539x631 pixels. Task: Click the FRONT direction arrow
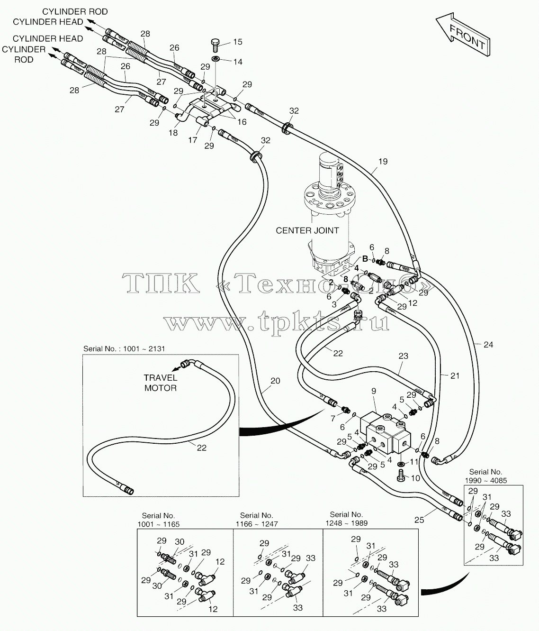pos(464,34)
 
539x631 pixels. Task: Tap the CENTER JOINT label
pos(307,230)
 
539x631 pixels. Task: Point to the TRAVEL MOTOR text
pos(161,383)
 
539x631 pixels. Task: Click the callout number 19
pos(383,162)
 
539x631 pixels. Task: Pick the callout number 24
pos(488,345)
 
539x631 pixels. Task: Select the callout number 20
pos(275,381)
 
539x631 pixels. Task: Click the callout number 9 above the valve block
pos(374,391)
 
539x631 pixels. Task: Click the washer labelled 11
pos(401,464)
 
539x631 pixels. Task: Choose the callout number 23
pos(403,356)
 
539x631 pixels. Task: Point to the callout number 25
pos(419,520)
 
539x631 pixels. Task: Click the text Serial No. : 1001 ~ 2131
pos(124,348)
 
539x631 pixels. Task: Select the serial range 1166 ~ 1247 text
pos(257,524)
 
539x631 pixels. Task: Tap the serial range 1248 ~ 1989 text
pos(347,523)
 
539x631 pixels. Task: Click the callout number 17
pos(192,140)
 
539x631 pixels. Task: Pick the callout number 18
pos(173,133)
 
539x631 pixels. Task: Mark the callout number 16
pos(242,122)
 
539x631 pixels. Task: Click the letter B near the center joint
pos(365,259)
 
